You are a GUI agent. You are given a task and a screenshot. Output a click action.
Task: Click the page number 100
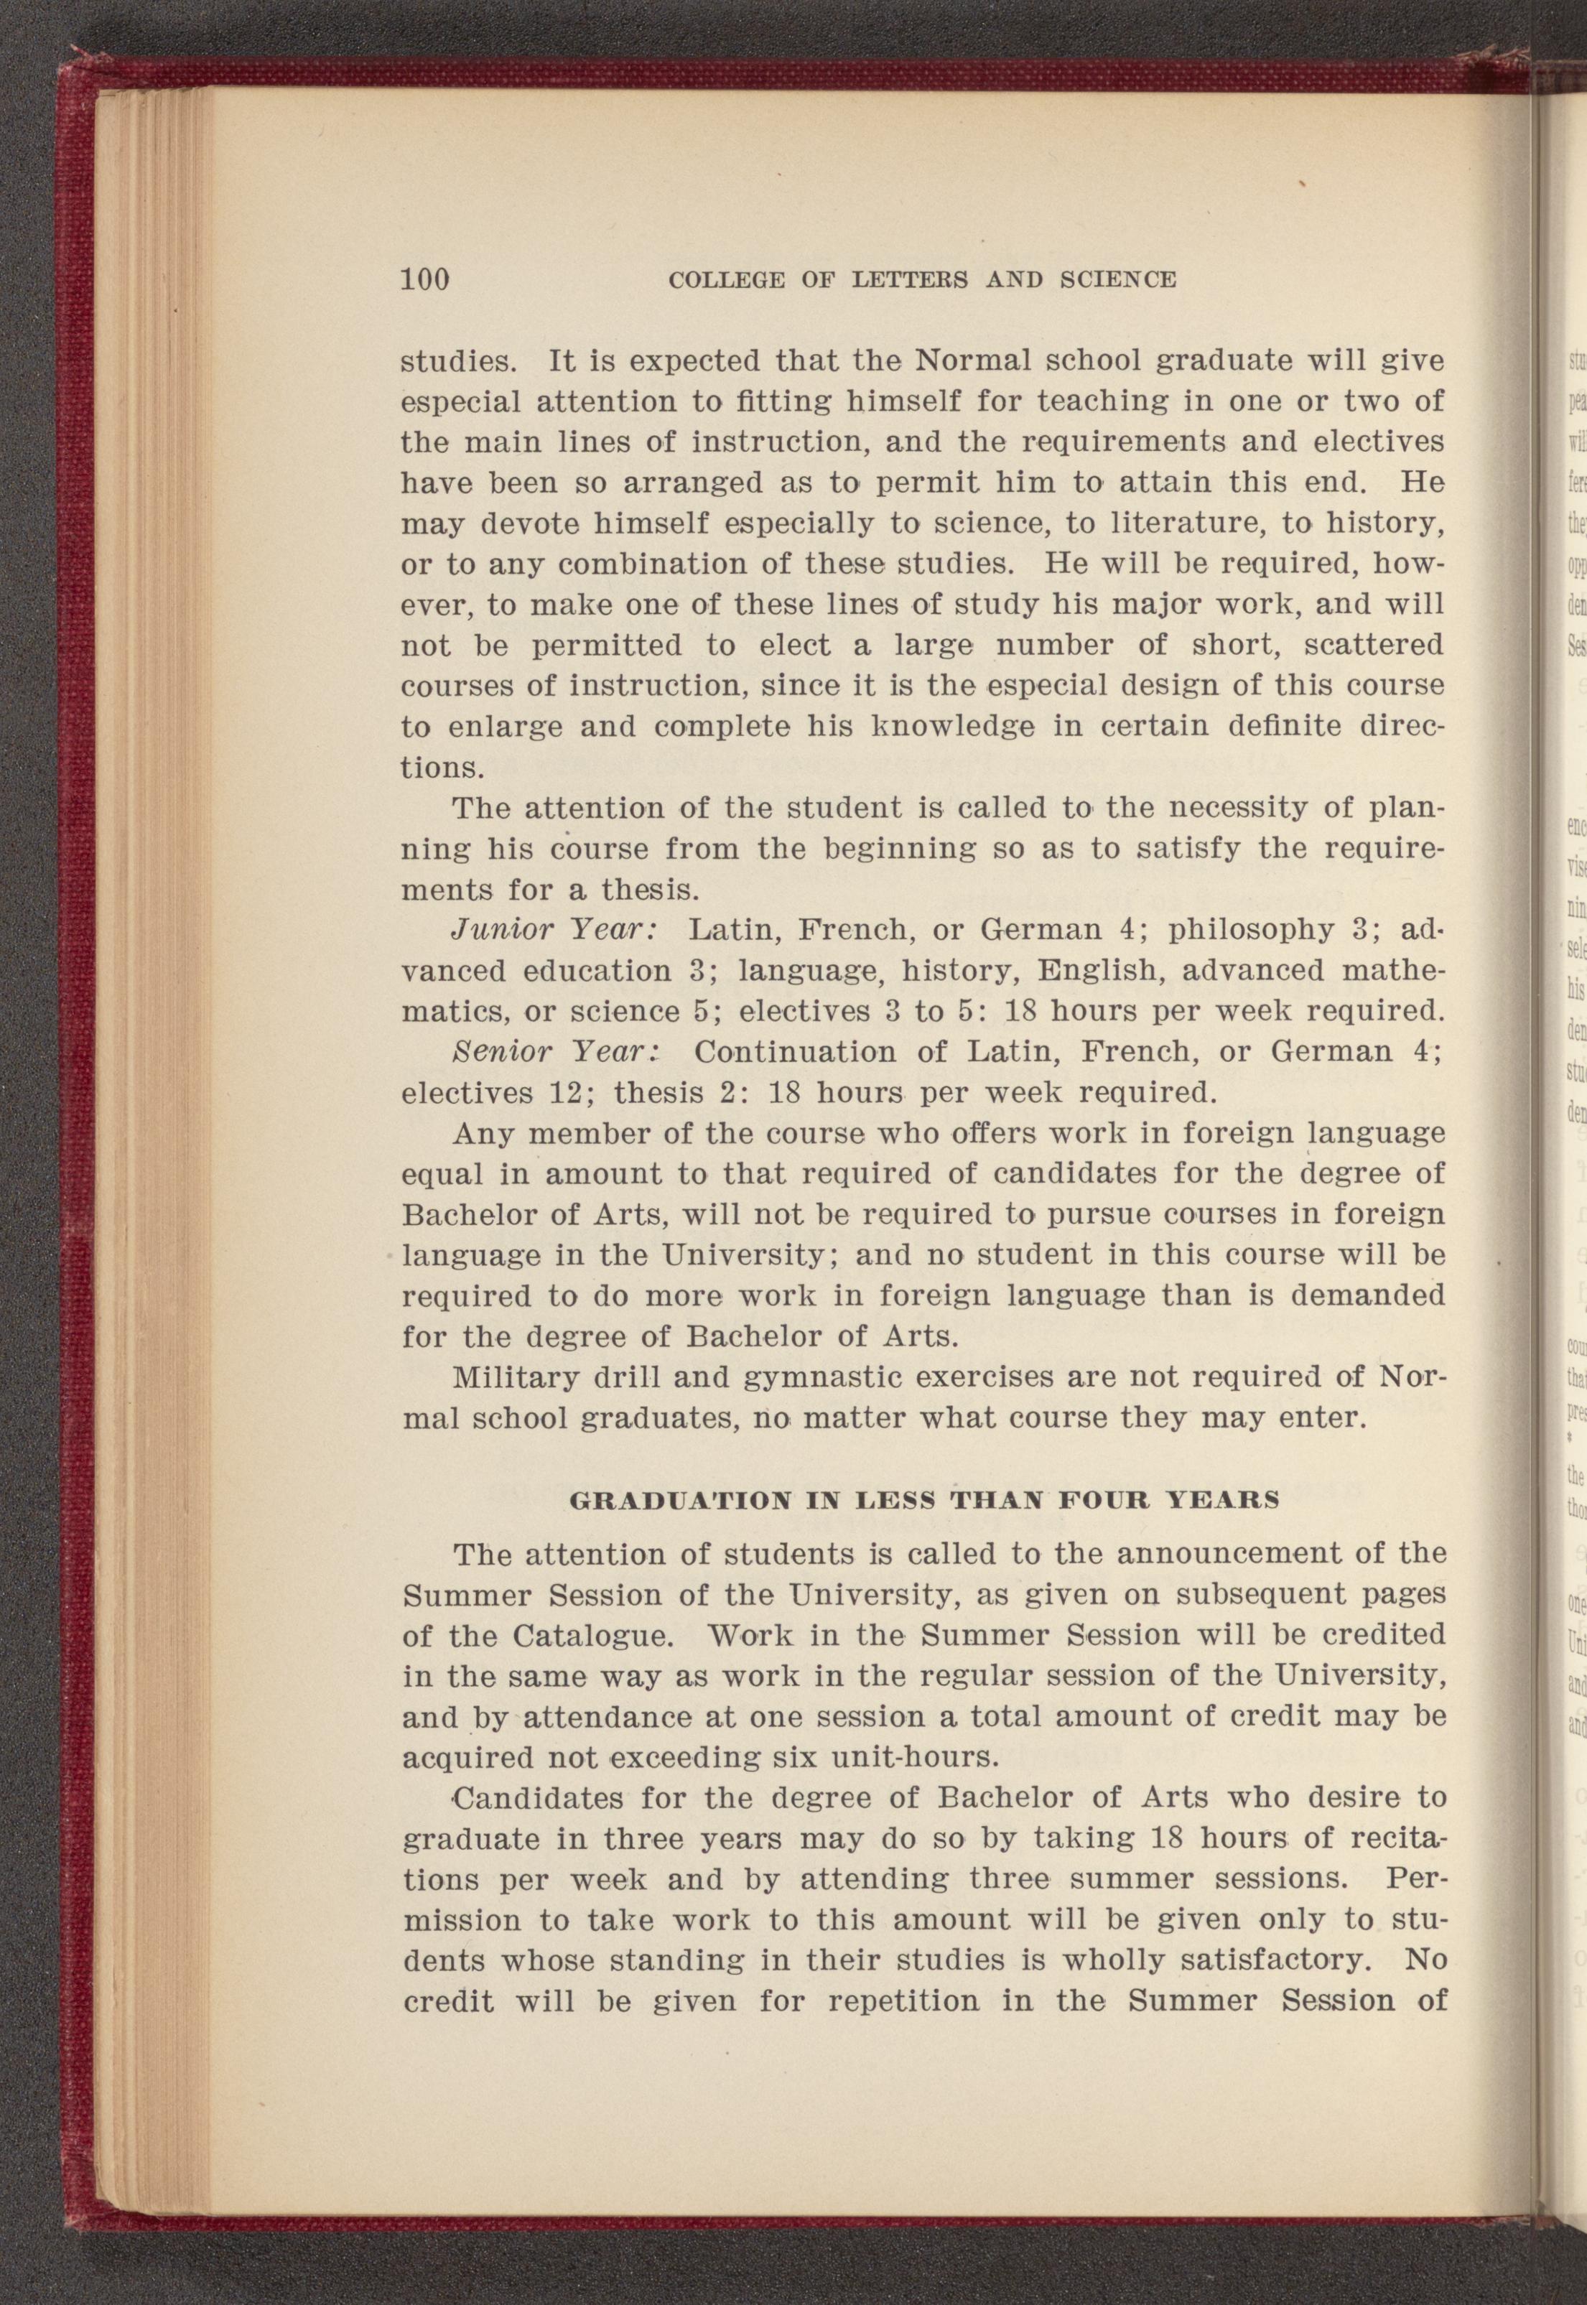[426, 279]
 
